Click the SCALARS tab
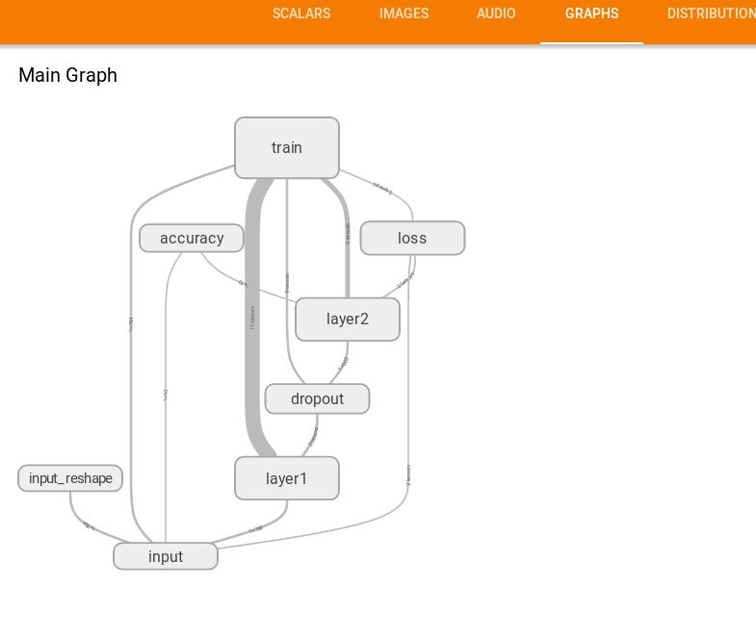[301, 13]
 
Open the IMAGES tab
[404, 13]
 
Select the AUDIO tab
[496, 13]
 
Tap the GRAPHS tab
[591, 13]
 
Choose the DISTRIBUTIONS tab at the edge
[711, 13]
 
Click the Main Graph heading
[67, 75]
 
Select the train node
[287, 148]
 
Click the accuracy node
[192, 238]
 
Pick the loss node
[412, 238]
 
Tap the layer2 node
[348, 319]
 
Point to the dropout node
[317, 398]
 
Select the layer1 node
[287, 478]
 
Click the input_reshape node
[70, 478]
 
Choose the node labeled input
[166, 556]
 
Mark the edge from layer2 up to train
[347, 241]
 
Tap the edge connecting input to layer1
[255, 530]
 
